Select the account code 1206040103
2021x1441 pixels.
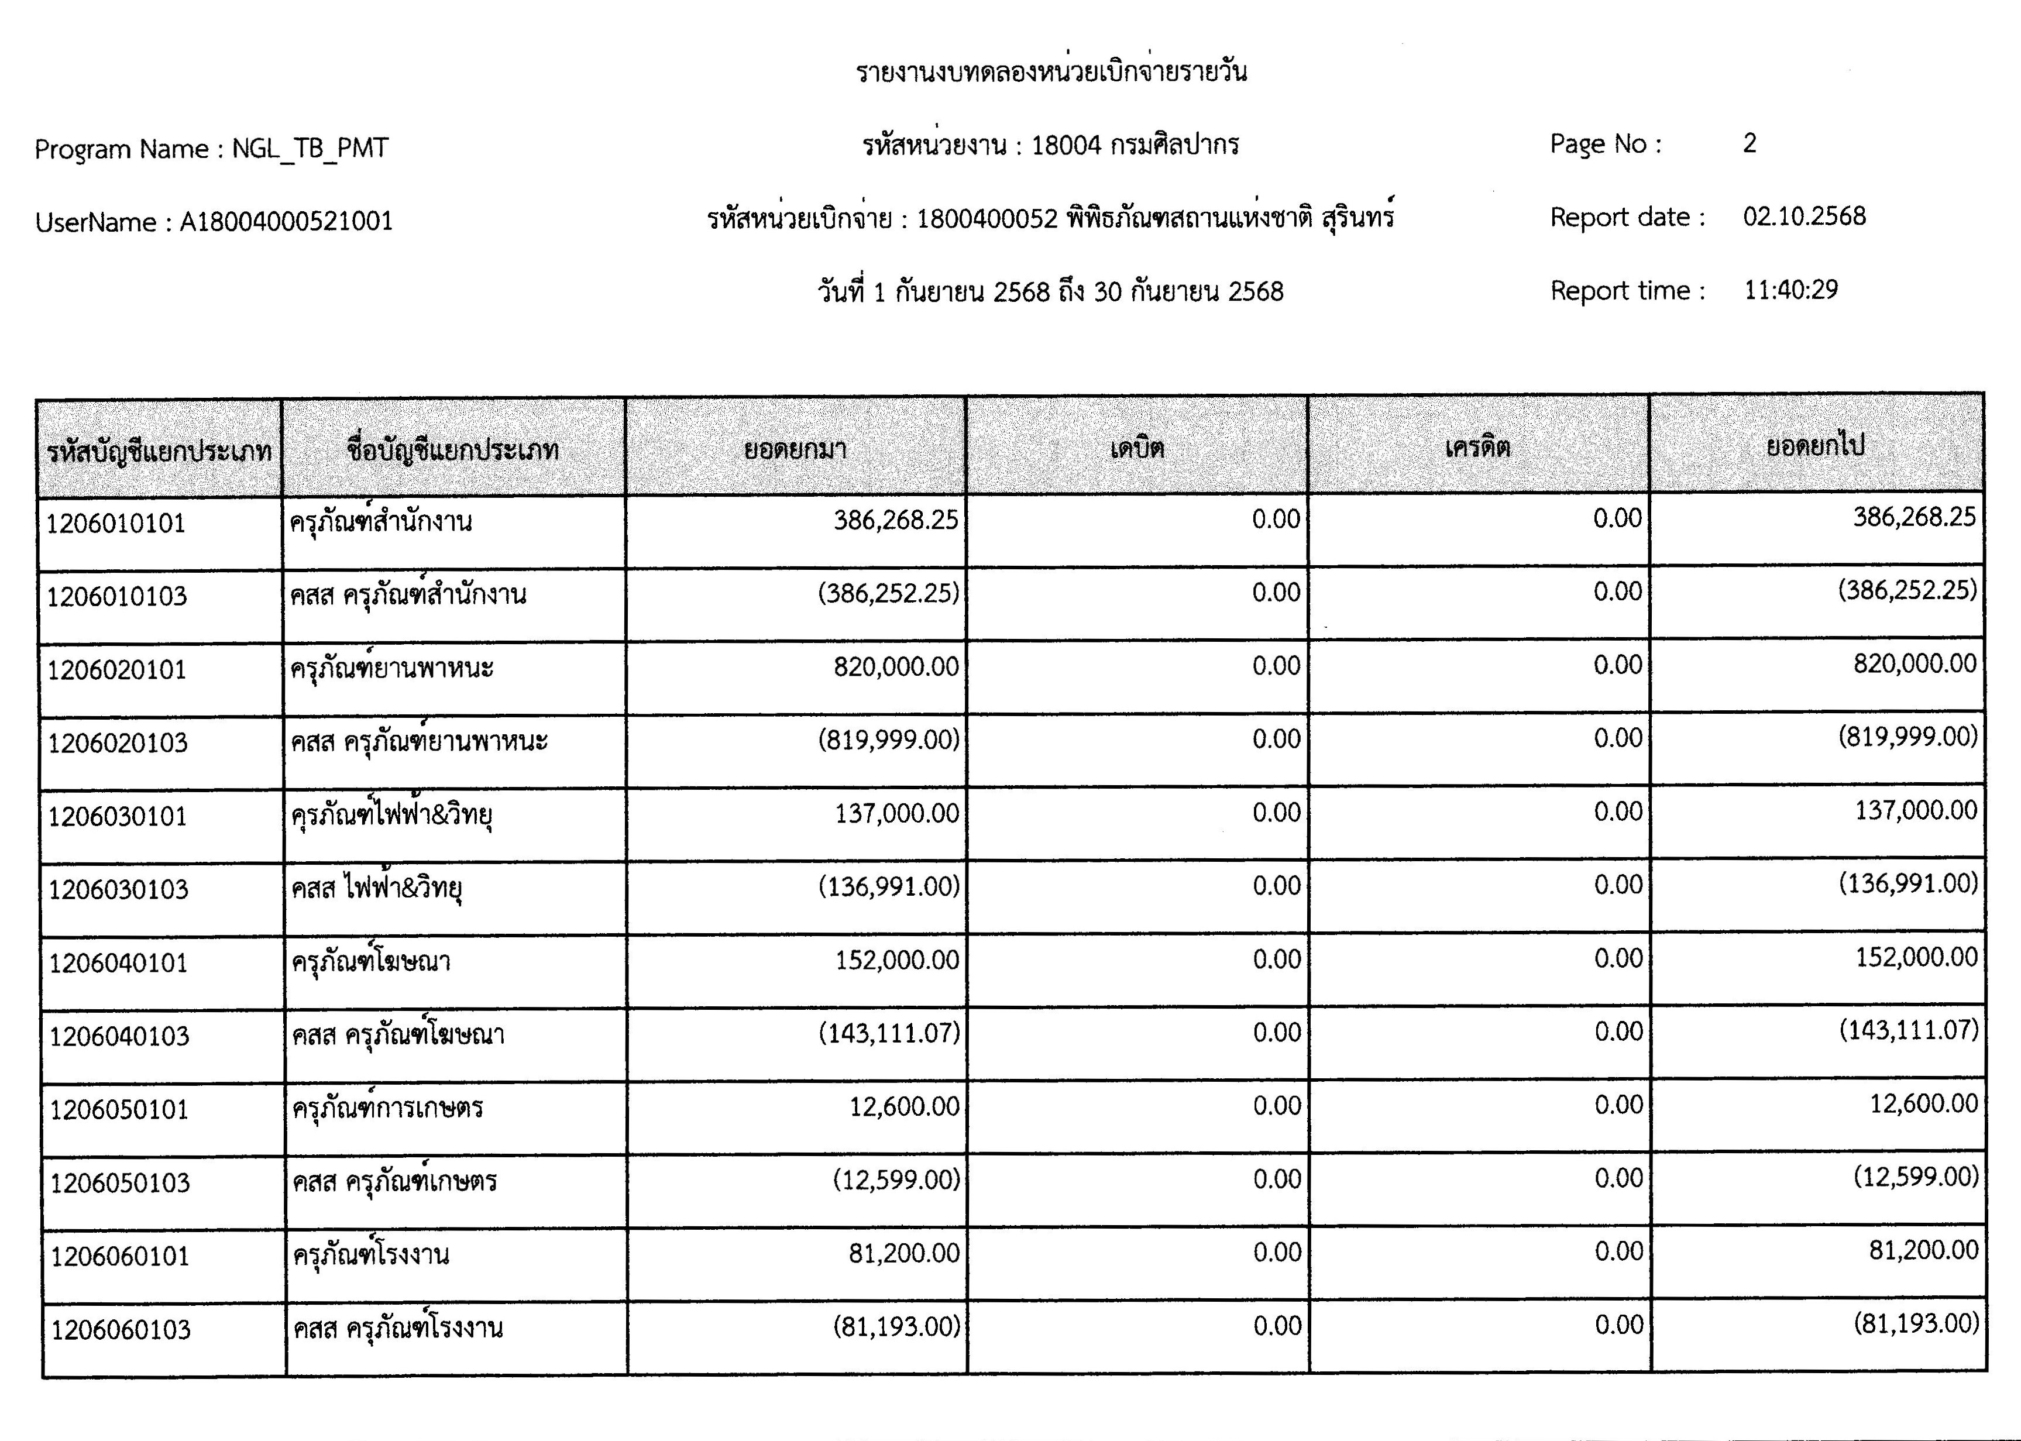click(119, 1036)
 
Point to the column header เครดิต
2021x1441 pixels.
click(1477, 447)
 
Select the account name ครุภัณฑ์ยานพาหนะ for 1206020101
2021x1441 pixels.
click(391, 668)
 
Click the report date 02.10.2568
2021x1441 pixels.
click(1804, 216)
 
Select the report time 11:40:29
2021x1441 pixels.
click(1790, 290)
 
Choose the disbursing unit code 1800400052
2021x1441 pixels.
click(987, 218)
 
